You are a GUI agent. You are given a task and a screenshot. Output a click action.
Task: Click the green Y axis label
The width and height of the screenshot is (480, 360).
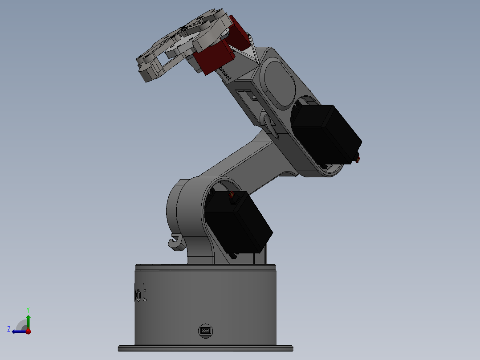[28, 309]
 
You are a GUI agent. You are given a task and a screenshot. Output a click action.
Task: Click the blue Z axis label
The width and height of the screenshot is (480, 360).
[9, 329]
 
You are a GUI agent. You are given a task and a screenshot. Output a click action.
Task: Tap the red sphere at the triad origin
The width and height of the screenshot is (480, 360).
[28, 331]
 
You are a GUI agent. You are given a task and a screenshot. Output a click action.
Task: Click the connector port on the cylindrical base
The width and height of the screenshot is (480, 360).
[205, 330]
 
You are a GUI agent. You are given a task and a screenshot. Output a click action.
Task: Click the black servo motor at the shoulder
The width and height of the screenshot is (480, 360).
[238, 225]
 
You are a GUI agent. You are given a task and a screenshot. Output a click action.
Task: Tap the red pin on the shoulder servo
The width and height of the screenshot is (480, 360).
[231, 195]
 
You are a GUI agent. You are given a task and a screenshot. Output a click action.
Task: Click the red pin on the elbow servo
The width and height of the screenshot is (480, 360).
[358, 159]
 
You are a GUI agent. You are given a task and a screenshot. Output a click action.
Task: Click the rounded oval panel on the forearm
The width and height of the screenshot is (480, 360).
[280, 82]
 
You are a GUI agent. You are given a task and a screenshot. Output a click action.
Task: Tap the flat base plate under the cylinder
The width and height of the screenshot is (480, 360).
[205, 348]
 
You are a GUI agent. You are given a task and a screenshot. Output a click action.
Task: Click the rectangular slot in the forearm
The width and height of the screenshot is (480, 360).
[245, 94]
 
